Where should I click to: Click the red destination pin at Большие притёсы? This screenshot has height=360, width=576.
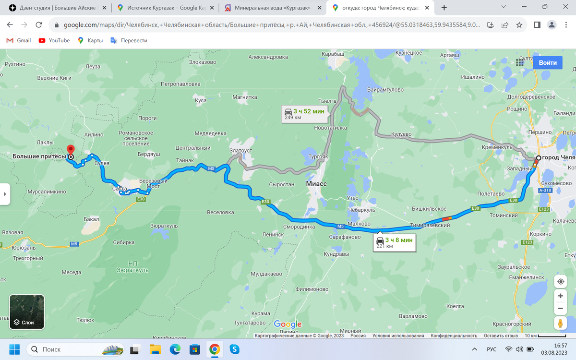(x=71, y=149)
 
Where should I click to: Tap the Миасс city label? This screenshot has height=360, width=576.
(x=316, y=184)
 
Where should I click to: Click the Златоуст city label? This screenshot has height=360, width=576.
(x=240, y=151)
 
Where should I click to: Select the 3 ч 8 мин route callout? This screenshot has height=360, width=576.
(x=394, y=242)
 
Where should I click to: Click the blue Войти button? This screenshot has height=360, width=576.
(x=548, y=62)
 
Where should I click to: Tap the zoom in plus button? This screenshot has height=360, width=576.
(x=560, y=296)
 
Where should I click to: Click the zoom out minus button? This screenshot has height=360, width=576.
(x=560, y=309)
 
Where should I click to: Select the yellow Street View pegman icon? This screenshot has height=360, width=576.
(x=560, y=324)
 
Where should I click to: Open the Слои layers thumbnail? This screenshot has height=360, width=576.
(x=27, y=312)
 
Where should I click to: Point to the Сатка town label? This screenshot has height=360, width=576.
(x=120, y=189)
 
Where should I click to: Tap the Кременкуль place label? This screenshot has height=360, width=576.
(x=498, y=147)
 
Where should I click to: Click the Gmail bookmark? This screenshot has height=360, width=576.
(x=19, y=40)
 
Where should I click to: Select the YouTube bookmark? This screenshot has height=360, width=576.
(x=54, y=40)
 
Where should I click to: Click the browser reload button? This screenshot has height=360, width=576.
(x=39, y=25)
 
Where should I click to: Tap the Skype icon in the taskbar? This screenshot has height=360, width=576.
(x=234, y=349)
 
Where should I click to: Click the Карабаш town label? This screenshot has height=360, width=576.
(x=333, y=55)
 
